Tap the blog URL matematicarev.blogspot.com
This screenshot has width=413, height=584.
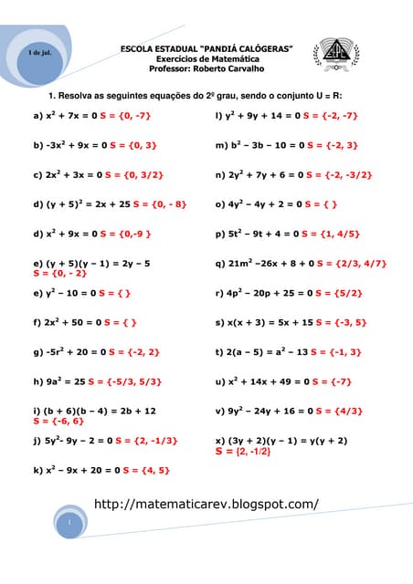[206, 504]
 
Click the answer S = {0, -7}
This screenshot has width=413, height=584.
[125, 116]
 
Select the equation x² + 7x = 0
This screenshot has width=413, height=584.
[65, 116]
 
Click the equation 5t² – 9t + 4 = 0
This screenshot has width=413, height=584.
[257, 234]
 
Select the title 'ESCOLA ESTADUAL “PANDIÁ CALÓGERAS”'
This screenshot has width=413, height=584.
[206, 48]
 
